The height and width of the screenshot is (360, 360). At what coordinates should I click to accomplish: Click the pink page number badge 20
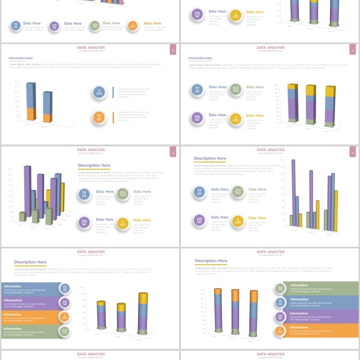click(x=173, y=51)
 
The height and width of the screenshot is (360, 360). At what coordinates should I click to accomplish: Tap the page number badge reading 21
click(x=353, y=51)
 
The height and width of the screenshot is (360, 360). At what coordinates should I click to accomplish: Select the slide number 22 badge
click(x=173, y=153)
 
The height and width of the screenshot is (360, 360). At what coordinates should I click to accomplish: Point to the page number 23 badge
click(x=353, y=153)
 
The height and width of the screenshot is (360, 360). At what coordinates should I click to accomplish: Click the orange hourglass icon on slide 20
click(x=99, y=117)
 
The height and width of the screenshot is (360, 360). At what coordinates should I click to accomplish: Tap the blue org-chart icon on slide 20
click(x=99, y=93)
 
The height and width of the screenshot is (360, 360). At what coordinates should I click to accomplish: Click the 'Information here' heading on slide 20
click(x=21, y=58)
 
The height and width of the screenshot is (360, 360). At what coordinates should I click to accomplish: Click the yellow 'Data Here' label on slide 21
click(x=255, y=116)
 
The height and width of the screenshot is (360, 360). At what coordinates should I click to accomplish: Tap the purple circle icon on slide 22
click(x=84, y=222)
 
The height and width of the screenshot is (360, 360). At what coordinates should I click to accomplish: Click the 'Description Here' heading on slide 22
click(x=94, y=166)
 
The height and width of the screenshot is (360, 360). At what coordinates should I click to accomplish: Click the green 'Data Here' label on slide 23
click(x=257, y=189)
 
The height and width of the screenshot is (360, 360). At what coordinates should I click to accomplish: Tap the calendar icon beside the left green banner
click(x=65, y=331)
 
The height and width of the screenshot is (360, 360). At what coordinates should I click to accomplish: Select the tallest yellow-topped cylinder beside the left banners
click(x=143, y=313)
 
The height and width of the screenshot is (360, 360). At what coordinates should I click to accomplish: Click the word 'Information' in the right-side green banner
click(x=299, y=285)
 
